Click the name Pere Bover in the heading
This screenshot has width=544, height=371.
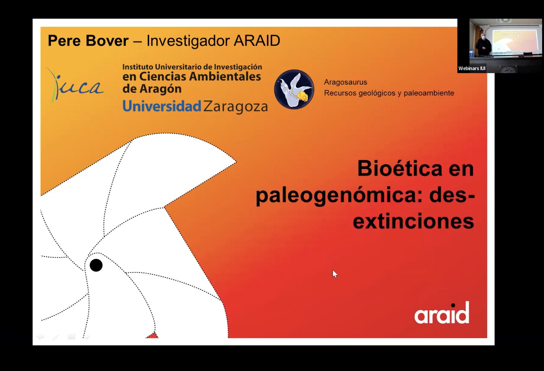(x=88, y=41)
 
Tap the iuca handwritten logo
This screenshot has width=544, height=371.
(x=75, y=85)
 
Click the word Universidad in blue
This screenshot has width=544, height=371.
(x=162, y=106)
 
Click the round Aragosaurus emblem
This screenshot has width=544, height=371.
(x=294, y=89)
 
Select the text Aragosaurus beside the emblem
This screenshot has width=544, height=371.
(x=345, y=82)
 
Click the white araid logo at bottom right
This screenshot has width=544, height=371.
(x=442, y=313)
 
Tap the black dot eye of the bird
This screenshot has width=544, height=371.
(x=96, y=265)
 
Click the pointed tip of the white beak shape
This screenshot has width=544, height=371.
(x=236, y=162)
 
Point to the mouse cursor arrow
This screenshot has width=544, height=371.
(x=335, y=274)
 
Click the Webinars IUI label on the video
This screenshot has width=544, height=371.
(x=472, y=68)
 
